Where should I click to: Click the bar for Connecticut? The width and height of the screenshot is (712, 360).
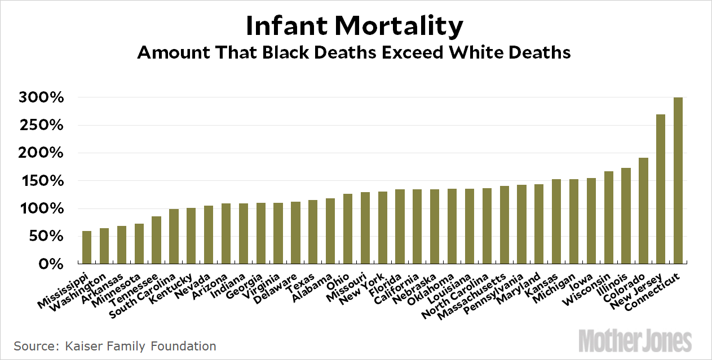678,181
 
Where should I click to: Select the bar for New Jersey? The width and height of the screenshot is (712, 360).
661,189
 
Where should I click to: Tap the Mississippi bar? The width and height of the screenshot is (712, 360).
87,247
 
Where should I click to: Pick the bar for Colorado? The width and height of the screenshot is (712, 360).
643,211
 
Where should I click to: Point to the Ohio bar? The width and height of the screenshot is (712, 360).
347,229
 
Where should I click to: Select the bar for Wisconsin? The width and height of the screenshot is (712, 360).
608,217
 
